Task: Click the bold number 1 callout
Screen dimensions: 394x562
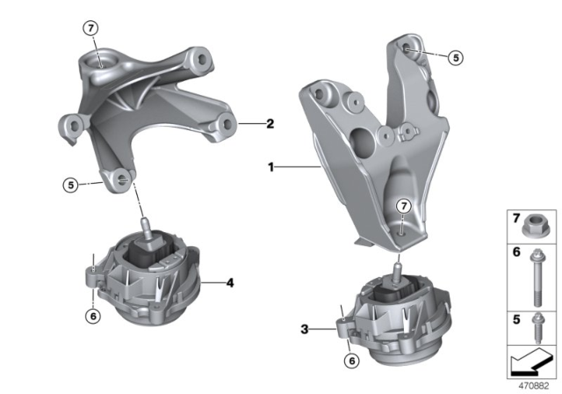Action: [273, 164]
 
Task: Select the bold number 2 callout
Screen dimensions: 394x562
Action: [270, 124]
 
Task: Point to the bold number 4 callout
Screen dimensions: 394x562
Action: [230, 283]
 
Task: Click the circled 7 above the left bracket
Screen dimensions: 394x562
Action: [92, 27]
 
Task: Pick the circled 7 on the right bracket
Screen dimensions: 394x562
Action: [403, 206]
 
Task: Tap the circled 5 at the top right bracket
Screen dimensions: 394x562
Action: [454, 58]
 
